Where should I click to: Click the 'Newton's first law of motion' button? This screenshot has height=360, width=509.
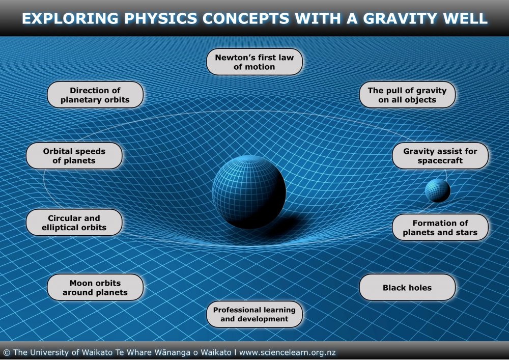[254, 62]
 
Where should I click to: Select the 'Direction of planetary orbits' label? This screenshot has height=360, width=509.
[95, 95]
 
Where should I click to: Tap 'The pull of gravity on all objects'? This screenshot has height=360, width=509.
[407, 95]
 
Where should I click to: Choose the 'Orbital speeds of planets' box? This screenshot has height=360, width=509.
[74, 156]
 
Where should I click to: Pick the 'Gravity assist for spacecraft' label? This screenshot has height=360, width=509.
[440, 156]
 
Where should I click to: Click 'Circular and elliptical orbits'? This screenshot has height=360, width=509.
[74, 223]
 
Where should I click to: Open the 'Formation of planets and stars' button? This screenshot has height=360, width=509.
[440, 228]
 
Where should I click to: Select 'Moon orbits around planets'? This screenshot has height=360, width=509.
[95, 287]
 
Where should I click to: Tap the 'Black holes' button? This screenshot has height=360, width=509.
[407, 288]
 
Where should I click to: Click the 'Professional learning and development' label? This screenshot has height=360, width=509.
[254, 314]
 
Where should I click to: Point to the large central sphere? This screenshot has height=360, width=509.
[248, 191]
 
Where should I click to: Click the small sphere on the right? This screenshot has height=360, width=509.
[438, 190]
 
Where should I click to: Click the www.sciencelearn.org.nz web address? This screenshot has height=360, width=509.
[288, 352]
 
